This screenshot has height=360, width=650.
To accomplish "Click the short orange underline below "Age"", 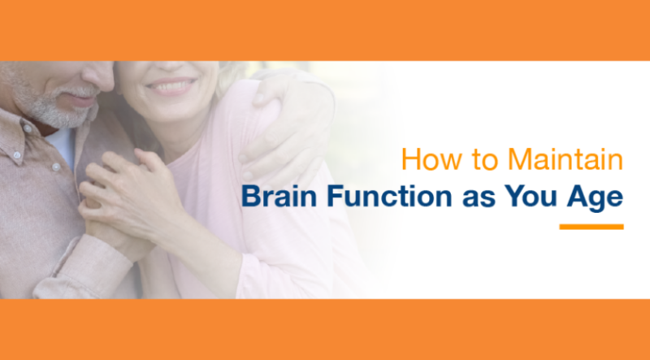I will (x=591, y=227).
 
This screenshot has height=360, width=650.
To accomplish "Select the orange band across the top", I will (x=325, y=30).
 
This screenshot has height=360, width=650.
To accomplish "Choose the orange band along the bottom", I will (x=325, y=329).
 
